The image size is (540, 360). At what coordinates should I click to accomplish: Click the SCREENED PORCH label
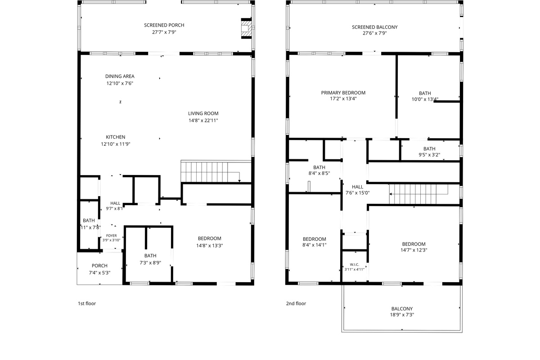[x=164, y=25]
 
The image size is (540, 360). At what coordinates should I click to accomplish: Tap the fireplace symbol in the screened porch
[x=247, y=28]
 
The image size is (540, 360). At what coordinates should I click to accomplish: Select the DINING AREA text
[x=120, y=76]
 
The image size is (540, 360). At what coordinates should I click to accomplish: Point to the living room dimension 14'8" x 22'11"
[x=203, y=120]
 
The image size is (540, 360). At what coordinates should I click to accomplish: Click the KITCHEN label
[x=116, y=137]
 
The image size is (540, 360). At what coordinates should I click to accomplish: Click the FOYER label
[x=112, y=236]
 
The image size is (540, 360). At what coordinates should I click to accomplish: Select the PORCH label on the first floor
[x=99, y=265]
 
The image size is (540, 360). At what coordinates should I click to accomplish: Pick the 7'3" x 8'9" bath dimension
[x=150, y=263]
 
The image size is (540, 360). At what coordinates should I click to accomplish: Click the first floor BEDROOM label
[x=210, y=238]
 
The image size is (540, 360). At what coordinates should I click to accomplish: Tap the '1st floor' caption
[x=87, y=303]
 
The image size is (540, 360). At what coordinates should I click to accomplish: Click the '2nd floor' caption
[x=296, y=303]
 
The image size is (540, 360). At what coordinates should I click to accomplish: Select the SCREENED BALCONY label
[x=374, y=27]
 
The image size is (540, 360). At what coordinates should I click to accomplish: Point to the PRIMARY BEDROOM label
[x=343, y=93]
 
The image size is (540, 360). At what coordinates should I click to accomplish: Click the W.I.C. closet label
[x=355, y=265]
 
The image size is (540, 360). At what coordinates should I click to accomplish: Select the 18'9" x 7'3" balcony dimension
[x=402, y=315]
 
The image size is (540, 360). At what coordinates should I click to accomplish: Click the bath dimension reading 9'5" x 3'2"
[x=429, y=155]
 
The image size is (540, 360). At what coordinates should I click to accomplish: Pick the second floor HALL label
[x=357, y=187]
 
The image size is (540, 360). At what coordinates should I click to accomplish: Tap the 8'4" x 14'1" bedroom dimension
[x=315, y=245]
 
